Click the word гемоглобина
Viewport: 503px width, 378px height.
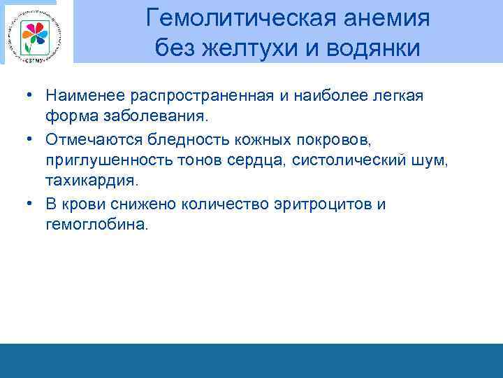[x=97, y=225]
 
